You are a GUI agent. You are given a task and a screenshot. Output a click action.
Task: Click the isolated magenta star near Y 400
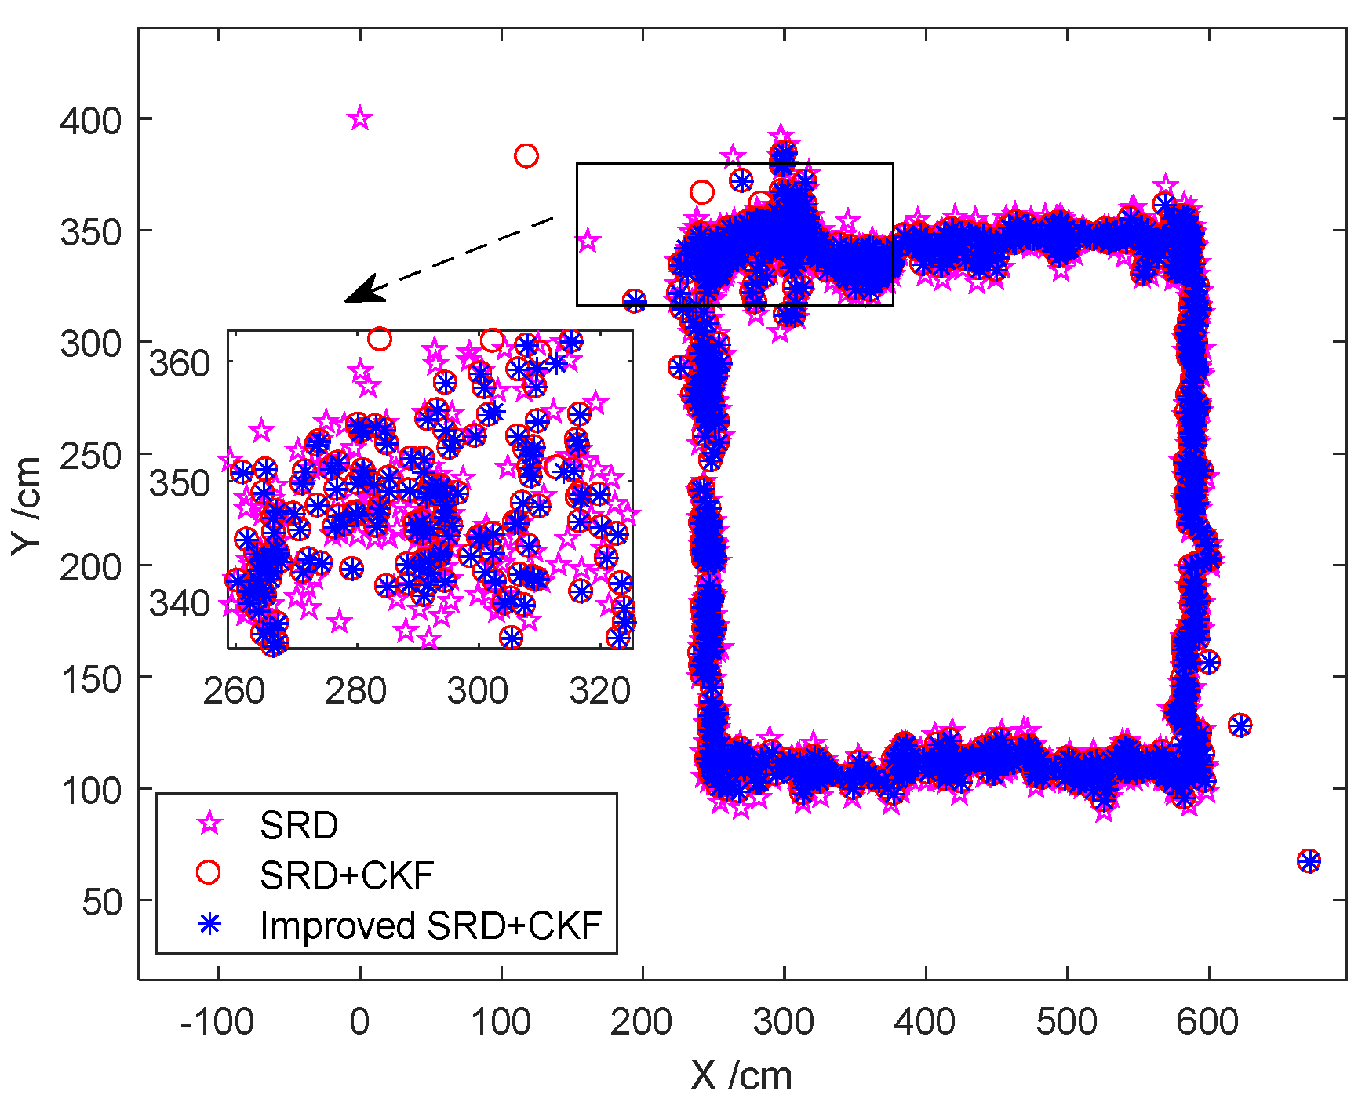(360, 119)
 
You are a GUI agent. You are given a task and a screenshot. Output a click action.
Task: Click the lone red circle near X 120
(526, 156)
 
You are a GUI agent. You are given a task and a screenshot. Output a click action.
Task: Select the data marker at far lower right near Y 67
(1309, 861)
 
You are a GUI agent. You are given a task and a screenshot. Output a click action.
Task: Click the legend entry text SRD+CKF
(347, 875)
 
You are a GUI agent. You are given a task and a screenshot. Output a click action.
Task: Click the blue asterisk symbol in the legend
(209, 925)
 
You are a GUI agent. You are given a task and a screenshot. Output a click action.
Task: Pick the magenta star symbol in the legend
(209, 824)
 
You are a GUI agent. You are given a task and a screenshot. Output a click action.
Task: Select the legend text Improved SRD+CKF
(431, 926)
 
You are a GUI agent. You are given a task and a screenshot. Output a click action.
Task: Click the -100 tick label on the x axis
(217, 1022)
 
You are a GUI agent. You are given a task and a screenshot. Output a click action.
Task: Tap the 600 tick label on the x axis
(1208, 1022)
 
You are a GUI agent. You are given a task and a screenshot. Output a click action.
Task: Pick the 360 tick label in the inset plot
(180, 363)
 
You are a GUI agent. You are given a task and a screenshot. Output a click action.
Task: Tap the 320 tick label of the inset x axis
(601, 691)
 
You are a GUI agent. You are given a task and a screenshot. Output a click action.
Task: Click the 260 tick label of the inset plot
(233, 691)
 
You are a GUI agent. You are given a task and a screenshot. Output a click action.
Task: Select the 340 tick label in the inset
(180, 604)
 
